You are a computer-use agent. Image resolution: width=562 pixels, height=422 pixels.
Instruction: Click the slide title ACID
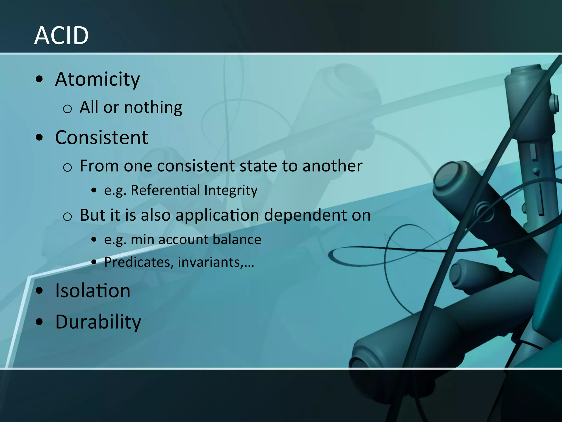(x=61, y=36)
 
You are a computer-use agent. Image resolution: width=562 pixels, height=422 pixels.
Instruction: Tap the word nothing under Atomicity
(x=153, y=107)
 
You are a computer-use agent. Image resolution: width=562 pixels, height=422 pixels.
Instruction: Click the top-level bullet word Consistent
(x=102, y=138)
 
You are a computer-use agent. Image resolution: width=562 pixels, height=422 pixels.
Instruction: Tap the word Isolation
(x=93, y=291)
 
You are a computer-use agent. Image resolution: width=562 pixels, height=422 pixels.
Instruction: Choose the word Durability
(x=98, y=322)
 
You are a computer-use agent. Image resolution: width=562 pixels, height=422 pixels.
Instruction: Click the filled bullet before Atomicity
(x=40, y=79)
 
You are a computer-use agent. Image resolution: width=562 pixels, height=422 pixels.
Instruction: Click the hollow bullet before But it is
(x=67, y=217)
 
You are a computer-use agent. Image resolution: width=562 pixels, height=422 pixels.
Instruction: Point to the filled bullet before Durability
(x=40, y=322)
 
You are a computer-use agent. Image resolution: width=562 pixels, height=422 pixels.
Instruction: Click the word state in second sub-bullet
(x=258, y=166)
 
